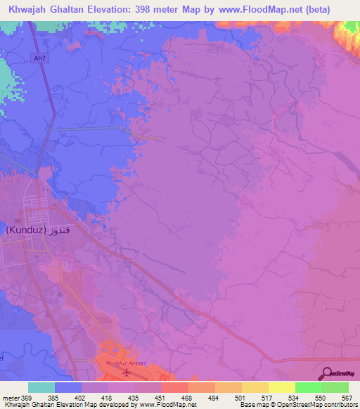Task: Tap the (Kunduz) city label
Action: (26, 231)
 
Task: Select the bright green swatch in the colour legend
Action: (308, 387)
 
